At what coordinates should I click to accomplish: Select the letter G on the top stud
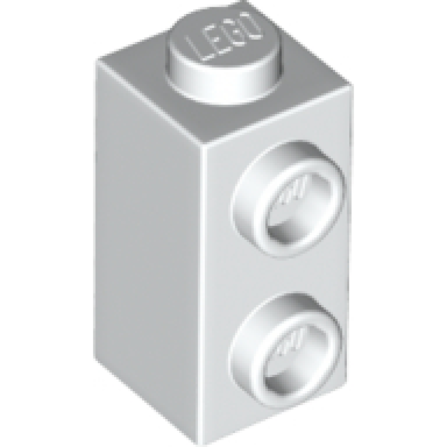233,35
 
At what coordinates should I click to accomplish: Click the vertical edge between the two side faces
205,279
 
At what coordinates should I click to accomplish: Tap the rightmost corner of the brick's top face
353,84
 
